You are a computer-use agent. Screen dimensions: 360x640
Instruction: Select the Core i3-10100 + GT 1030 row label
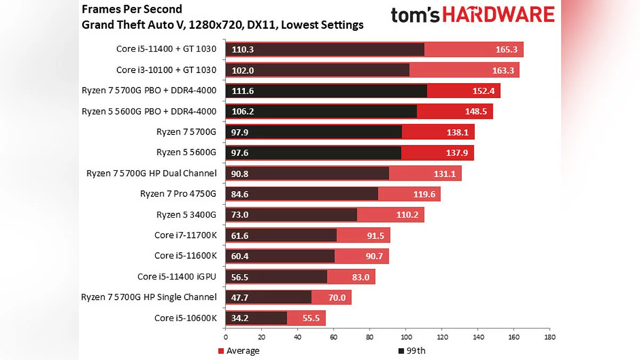pyautogui.click(x=166, y=70)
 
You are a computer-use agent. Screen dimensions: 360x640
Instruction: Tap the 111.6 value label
pyautogui.click(x=243, y=91)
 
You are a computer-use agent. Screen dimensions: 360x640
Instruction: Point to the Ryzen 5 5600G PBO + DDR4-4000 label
pyautogui.click(x=149, y=111)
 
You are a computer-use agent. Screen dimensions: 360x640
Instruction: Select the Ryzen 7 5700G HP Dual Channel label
pyautogui.click(x=151, y=173)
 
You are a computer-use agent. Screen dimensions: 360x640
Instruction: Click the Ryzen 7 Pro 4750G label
pyautogui.click(x=178, y=194)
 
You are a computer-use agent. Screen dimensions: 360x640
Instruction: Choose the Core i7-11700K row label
pyautogui.click(x=185, y=235)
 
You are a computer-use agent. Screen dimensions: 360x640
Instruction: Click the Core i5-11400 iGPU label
pyautogui.click(x=177, y=276)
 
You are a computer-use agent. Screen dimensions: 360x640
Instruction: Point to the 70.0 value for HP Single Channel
pyautogui.click(x=337, y=297)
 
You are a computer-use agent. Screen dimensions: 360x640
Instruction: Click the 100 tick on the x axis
pyautogui.click(x=406, y=337)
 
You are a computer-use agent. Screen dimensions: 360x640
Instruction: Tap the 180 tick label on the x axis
pyautogui.click(x=549, y=337)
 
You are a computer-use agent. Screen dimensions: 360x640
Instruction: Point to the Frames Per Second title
pyautogui.click(x=132, y=9)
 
